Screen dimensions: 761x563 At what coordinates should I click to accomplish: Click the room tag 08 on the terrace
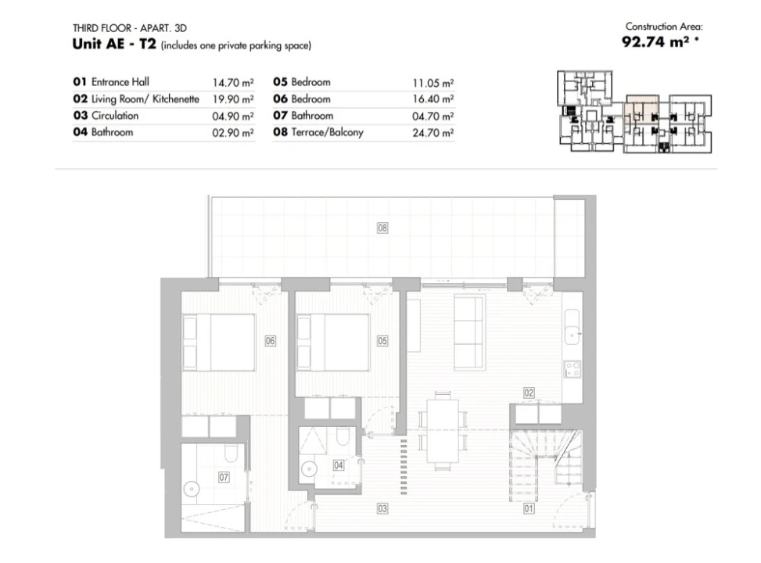click(x=382, y=228)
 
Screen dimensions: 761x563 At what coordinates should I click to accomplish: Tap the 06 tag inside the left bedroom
click(x=271, y=341)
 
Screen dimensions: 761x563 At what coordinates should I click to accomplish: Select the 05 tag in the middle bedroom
click(x=382, y=341)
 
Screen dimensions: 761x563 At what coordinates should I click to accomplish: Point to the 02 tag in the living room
click(x=529, y=393)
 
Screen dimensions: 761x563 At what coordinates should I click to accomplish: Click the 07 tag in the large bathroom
click(x=224, y=477)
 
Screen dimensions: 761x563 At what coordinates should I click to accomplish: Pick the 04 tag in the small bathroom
click(x=339, y=465)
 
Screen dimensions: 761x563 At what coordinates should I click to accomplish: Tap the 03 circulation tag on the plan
click(x=382, y=508)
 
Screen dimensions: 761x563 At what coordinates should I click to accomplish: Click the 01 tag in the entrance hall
click(x=529, y=508)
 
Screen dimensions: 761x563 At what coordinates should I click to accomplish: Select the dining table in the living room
click(x=443, y=431)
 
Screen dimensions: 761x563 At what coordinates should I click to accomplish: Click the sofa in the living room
click(x=469, y=332)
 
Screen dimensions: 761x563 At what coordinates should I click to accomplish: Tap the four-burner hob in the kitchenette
click(x=573, y=369)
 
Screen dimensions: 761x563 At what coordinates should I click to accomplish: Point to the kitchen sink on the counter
click(x=573, y=327)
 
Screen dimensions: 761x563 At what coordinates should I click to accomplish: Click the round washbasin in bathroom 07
click(x=192, y=489)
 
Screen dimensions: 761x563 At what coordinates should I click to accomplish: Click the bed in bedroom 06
click(x=219, y=342)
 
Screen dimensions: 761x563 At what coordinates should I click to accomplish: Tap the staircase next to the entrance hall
click(x=545, y=465)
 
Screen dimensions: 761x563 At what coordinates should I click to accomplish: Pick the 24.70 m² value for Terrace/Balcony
click(x=433, y=132)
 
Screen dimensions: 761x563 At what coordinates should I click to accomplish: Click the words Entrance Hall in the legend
click(x=120, y=81)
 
